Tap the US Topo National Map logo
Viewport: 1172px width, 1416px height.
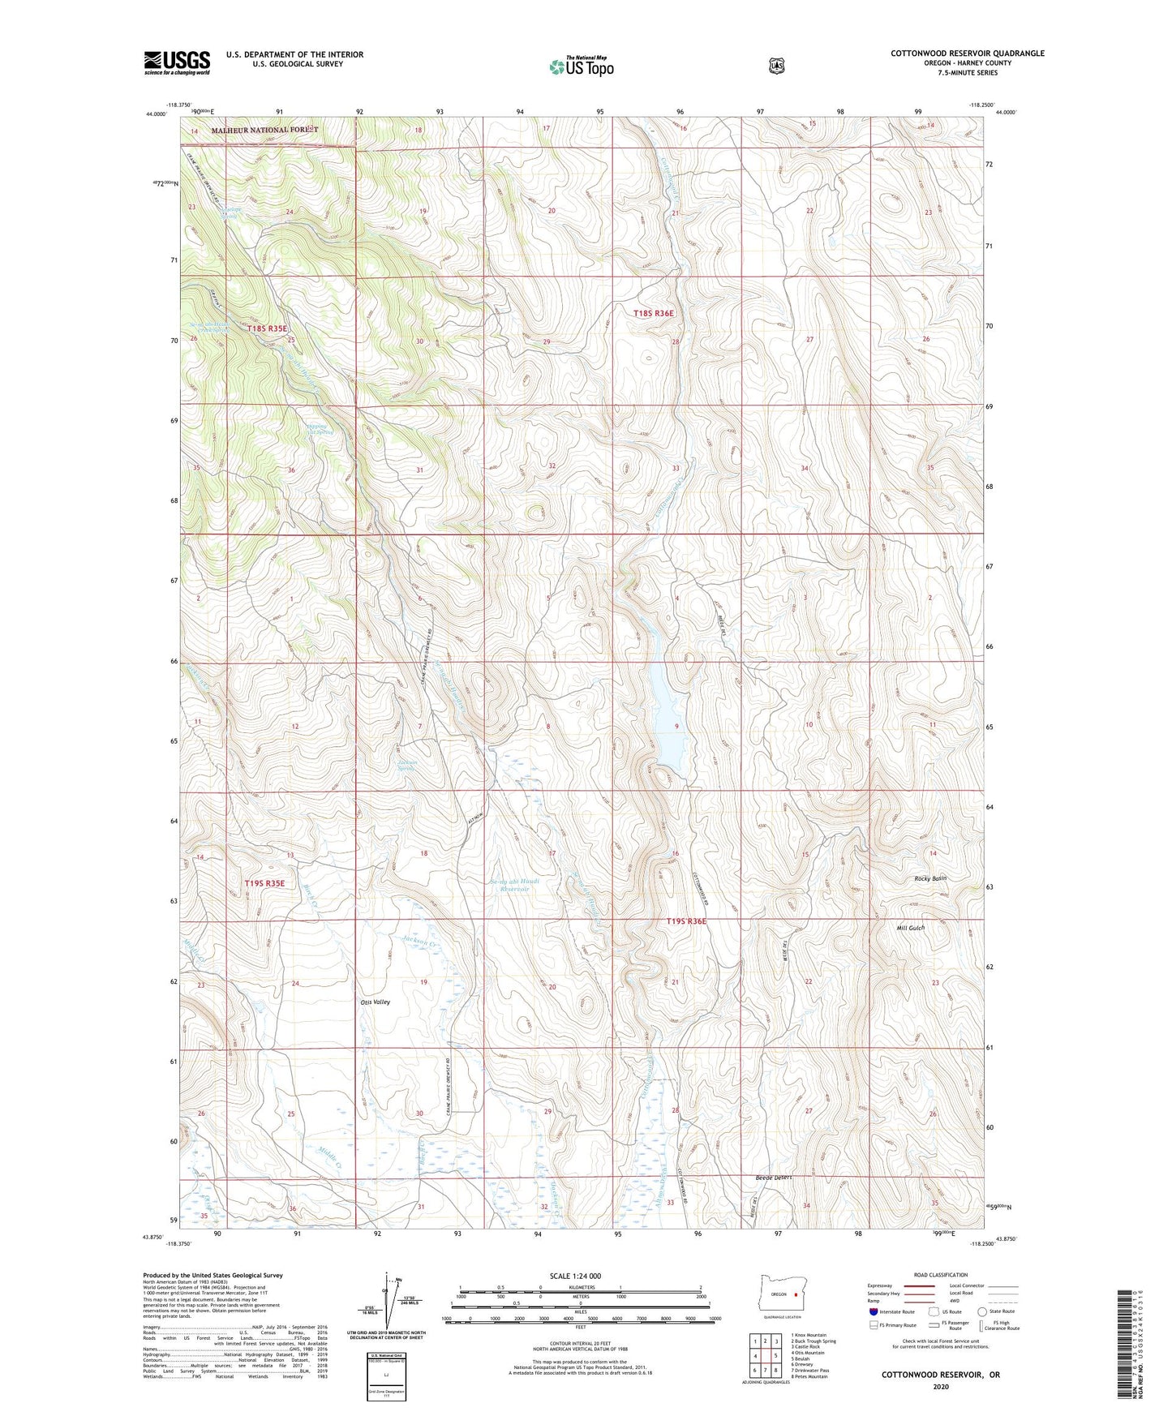tap(580, 67)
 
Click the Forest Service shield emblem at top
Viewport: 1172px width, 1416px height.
tap(776, 66)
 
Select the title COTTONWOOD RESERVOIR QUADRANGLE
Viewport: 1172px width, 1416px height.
tap(967, 54)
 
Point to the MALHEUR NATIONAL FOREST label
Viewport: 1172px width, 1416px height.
tap(265, 130)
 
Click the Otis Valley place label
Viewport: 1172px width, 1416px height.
tap(376, 1002)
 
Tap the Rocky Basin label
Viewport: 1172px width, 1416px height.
tap(930, 878)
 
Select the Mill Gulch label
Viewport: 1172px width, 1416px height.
tap(911, 928)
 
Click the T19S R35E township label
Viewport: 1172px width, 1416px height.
tap(265, 883)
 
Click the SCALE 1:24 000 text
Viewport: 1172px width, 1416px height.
tap(575, 1276)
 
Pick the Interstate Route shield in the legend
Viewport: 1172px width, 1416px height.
tap(873, 1311)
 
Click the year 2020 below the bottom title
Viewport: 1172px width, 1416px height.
tap(941, 1386)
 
